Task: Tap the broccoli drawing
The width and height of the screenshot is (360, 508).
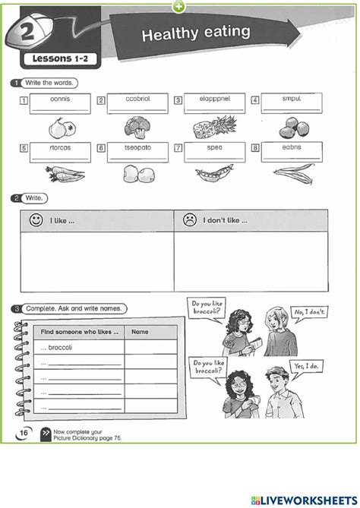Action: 135,126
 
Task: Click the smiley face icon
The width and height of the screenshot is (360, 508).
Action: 35,221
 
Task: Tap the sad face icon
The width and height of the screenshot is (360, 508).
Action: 187,221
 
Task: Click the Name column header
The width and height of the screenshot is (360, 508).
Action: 141,332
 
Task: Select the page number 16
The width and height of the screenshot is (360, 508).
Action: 24,432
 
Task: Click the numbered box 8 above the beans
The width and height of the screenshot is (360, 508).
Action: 254,148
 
